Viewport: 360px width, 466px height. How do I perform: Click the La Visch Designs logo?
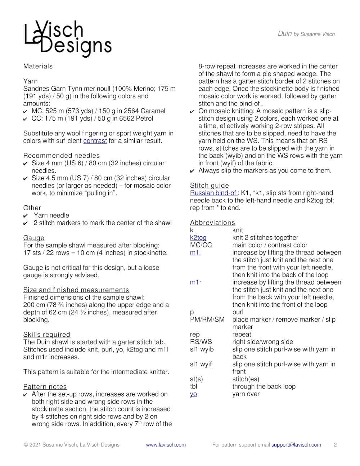tap(68, 39)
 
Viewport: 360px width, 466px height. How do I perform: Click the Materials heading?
tap(38, 66)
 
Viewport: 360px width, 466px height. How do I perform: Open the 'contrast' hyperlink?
tap(95, 141)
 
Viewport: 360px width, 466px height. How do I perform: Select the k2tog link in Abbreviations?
tap(198, 238)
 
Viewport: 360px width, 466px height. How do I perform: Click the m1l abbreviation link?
tap(195, 252)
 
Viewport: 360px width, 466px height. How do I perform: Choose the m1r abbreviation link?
tap(195, 282)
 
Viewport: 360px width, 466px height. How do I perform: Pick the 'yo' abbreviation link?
tap(193, 394)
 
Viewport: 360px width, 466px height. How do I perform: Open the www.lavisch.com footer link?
tap(166, 445)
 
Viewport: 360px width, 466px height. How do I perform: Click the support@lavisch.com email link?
tap(296, 445)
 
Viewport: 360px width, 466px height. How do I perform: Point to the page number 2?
tap(335, 445)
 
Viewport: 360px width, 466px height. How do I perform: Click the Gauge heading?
tap(34, 238)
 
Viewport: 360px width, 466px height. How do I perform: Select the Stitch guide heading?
tap(209, 185)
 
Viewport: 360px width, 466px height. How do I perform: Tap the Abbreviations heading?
tap(212, 223)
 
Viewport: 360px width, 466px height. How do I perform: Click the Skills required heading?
tap(46, 335)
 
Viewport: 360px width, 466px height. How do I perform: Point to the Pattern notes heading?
tap(45, 387)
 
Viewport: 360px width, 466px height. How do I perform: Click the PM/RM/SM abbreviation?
tap(207, 319)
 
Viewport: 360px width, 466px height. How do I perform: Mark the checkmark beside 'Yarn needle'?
tap(26, 216)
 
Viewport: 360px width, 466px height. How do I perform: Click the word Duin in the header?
tap(284, 33)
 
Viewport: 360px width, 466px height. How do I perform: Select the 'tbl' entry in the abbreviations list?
tap(193, 386)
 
